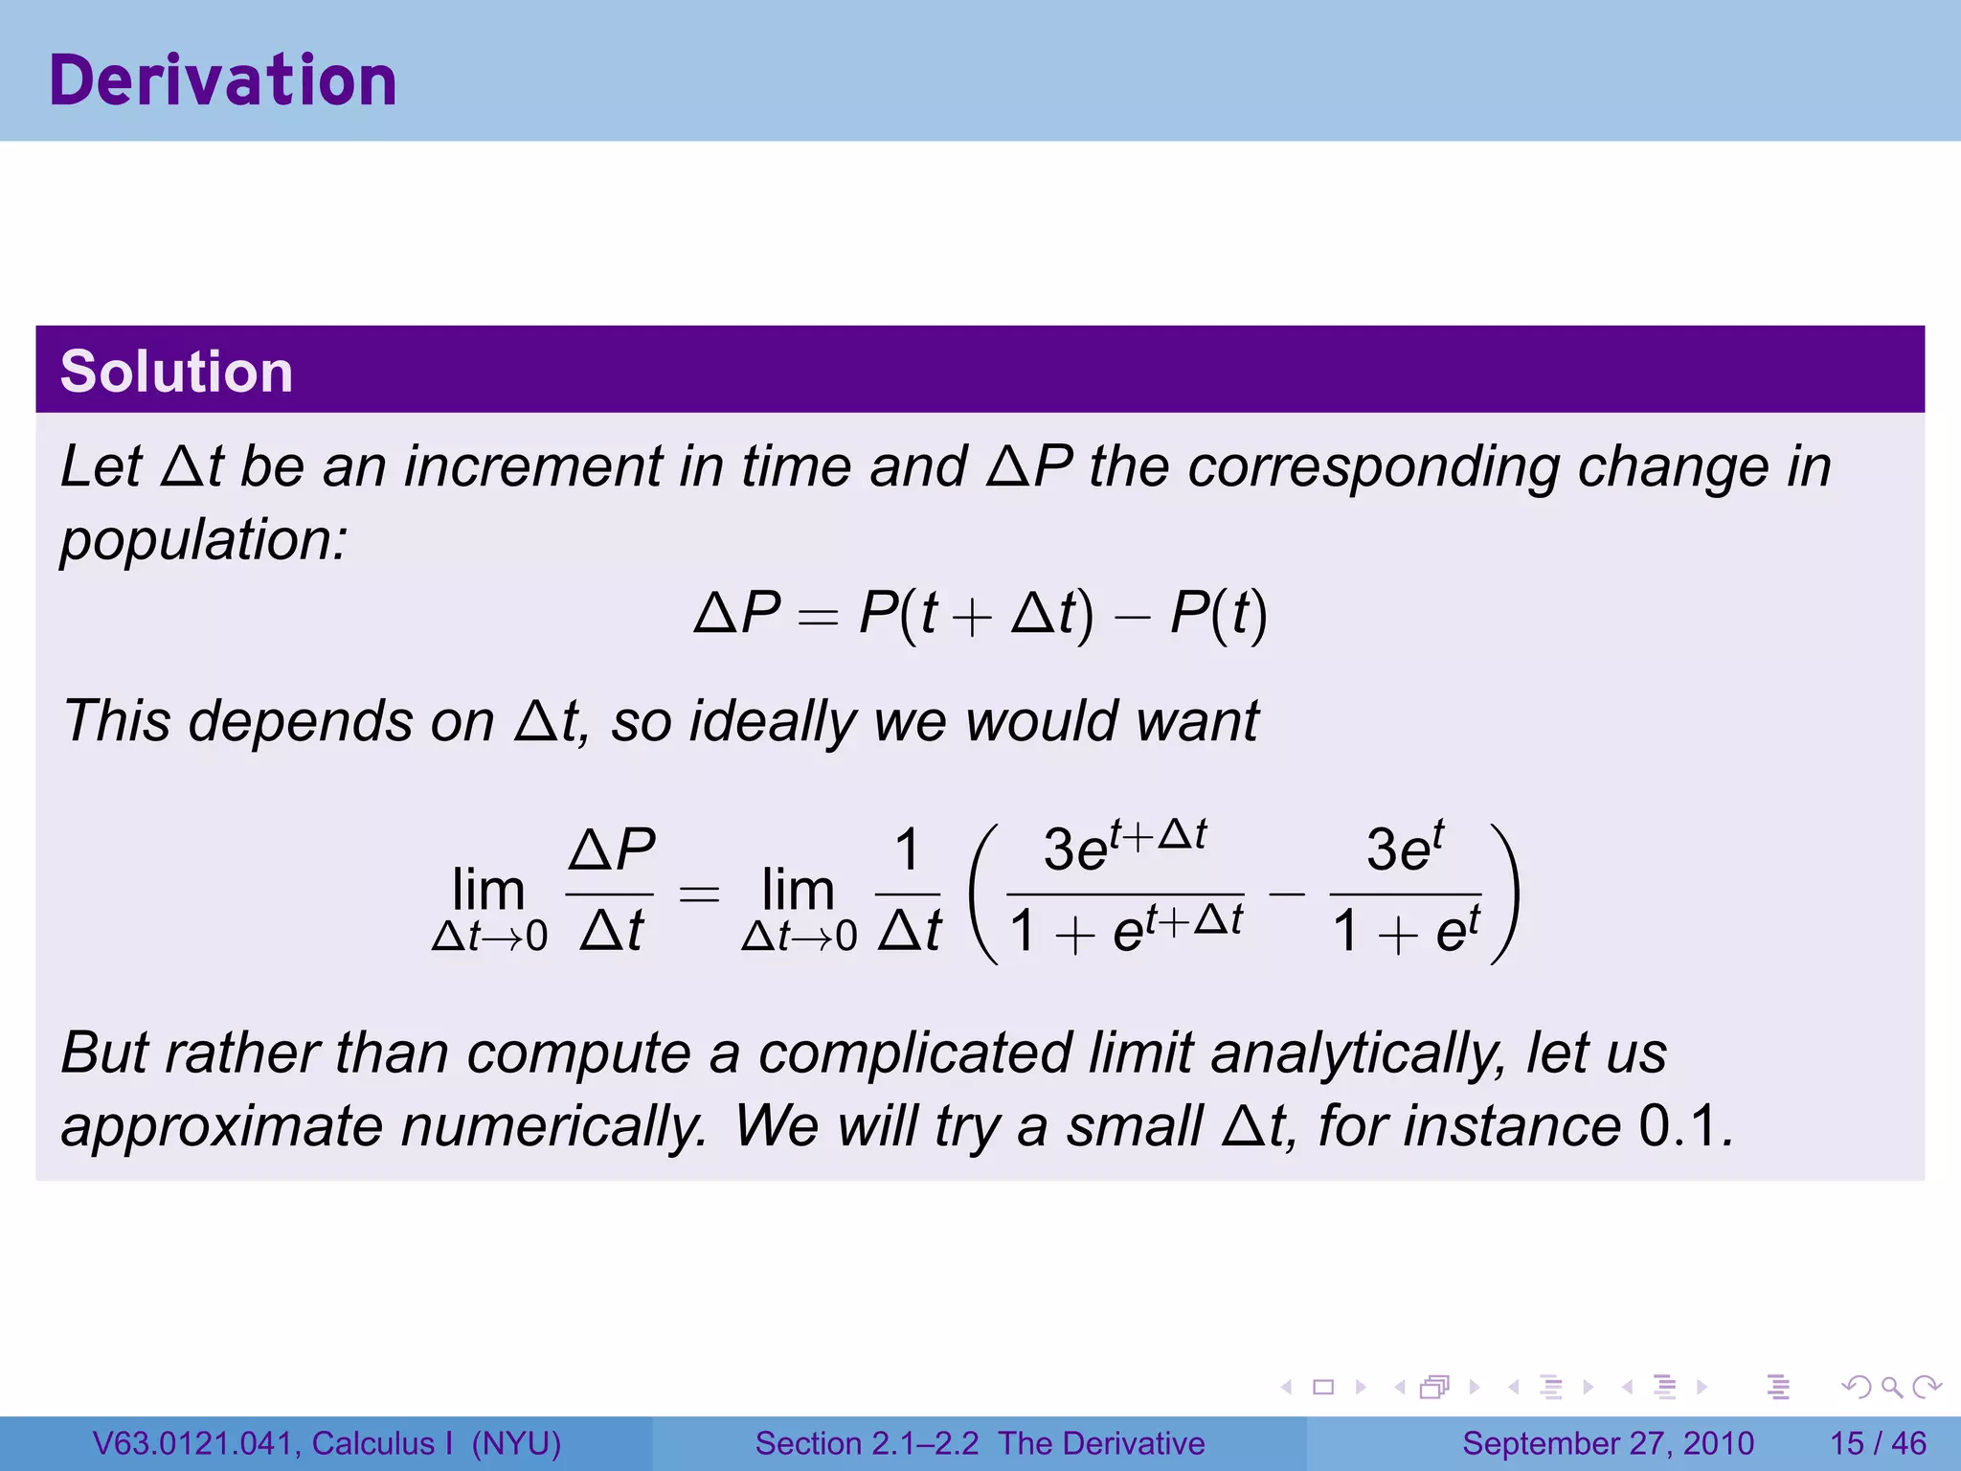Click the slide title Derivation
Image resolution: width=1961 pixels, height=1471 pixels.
click(x=222, y=80)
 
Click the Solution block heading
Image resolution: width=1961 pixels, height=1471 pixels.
click(x=176, y=372)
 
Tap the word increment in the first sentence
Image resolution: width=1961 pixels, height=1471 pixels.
click(x=531, y=467)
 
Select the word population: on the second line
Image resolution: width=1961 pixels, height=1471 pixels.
click(x=203, y=540)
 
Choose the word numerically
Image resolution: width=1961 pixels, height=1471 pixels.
click(x=552, y=1126)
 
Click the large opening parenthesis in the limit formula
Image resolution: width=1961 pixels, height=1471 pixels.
click(x=984, y=893)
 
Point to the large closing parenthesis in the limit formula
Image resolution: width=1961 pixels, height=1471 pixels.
click(x=1504, y=893)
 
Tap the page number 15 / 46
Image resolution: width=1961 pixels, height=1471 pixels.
click(x=1878, y=1443)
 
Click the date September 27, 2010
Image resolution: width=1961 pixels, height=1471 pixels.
click(x=1608, y=1443)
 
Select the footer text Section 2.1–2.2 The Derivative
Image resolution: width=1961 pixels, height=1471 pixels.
click(x=980, y=1443)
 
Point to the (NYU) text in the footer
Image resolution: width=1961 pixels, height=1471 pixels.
click(x=516, y=1443)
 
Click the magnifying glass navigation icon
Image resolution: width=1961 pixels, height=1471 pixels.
click(x=1891, y=1387)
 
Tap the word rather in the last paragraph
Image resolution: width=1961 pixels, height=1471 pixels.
click(x=239, y=1052)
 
